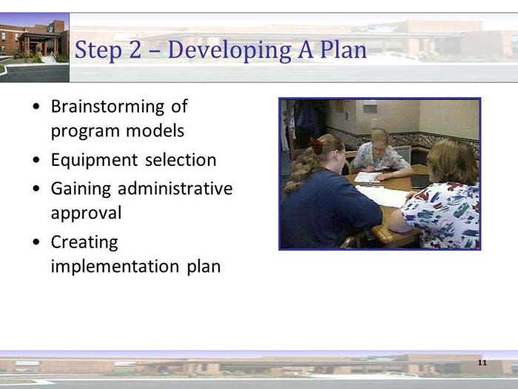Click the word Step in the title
(x=101, y=50)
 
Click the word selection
(x=181, y=160)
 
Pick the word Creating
(x=84, y=242)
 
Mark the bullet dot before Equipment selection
(x=37, y=161)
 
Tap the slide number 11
(x=482, y=362)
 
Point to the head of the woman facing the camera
(x=380, y=140)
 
